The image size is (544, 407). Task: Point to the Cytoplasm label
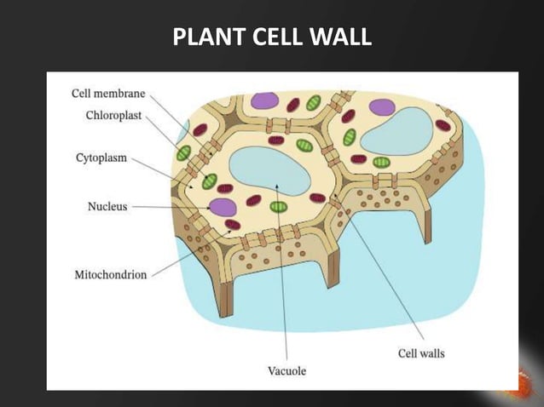(x=98, y=158)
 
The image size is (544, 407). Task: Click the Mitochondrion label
(x=109, y=274)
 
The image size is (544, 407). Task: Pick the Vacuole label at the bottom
(x=286, y=370)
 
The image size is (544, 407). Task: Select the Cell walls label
(x=421, y=352)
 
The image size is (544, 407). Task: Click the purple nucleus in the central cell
(x=223, y=207)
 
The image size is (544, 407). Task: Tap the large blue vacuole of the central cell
(x=271, y=171)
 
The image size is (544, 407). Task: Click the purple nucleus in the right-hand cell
(x=381, y=107)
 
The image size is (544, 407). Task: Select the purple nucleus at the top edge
(x=264, y=100)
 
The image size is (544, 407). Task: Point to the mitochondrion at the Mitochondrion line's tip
(x=232, y=226)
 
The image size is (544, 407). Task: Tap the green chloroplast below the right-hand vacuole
(x=381, y=162)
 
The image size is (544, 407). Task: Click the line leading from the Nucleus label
(x=171, y=207)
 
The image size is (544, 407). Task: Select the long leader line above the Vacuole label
(x=284, y=281)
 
